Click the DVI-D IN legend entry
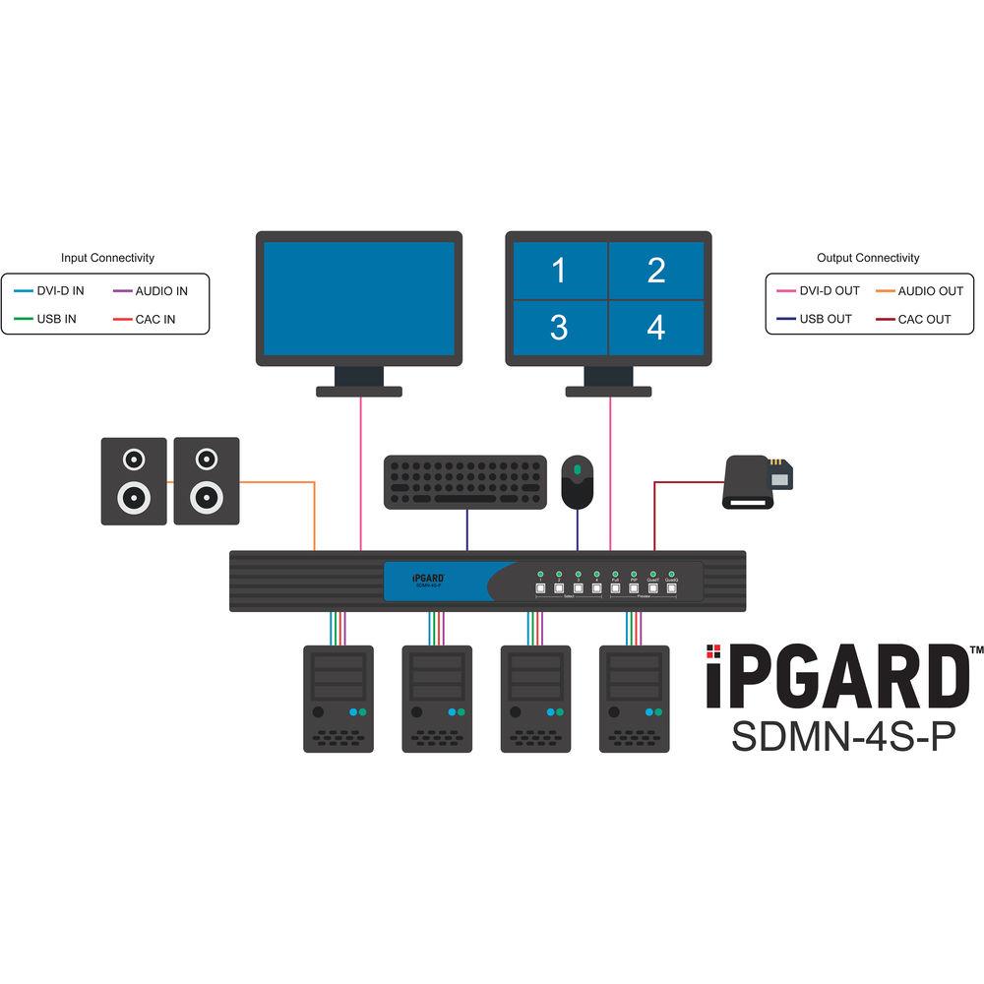[55, 291]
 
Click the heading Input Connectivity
[107, 258]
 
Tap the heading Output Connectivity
[868, 258]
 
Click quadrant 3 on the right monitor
[559, 328]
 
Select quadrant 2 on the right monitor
[656, 271]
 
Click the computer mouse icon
[578, 480]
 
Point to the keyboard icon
[465, 482]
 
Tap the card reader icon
[759, 482]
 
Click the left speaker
[132, 481]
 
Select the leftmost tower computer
[338, 699]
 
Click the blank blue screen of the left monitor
[358, 298]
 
